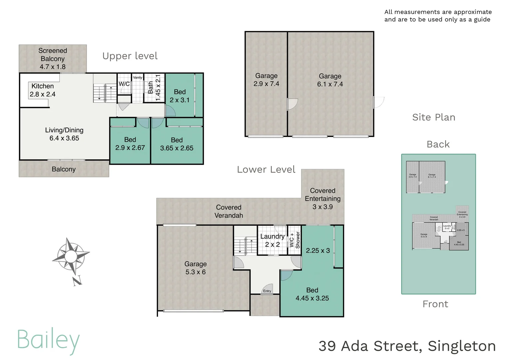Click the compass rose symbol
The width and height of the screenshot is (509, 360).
coord(71,256)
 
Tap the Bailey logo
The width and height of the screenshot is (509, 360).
coord(48,340)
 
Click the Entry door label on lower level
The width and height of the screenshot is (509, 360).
coord(267,291)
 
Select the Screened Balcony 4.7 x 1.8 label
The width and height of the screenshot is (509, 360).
coord(53,59)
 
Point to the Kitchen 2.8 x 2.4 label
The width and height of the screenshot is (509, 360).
coord(43,90)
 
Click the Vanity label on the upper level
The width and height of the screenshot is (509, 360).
coord(138,78)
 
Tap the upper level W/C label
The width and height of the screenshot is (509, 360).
coord(124,84)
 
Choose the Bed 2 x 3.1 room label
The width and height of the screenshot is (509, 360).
coord(180,96)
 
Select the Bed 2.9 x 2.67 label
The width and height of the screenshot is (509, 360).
coord(130,144)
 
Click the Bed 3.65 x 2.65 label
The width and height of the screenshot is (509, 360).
coord(177,144)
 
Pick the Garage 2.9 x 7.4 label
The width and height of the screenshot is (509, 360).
coord(266,80)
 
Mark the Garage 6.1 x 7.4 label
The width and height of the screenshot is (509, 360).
coord(330,80)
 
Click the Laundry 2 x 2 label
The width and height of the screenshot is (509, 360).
coord(272,240)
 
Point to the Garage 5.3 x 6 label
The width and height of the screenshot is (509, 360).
coord(196,268)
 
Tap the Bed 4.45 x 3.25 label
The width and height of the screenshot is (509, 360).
coord(312,294)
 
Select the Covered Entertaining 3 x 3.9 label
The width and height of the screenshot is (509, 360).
coord(322,199)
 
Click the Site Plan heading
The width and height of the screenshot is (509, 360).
coord(433,117)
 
